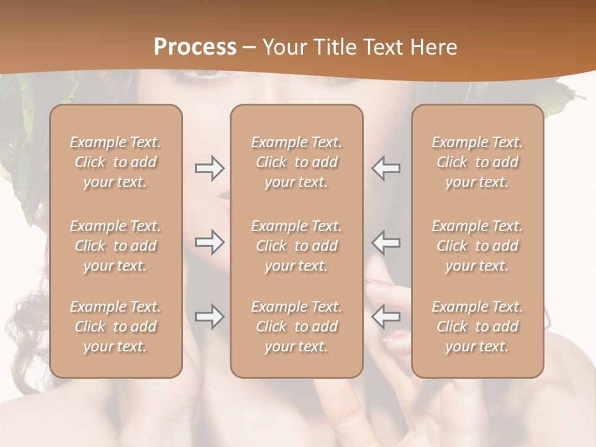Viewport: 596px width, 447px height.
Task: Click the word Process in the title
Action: [x=195, y=47]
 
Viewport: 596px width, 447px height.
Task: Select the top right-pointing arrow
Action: [x=209, y=168]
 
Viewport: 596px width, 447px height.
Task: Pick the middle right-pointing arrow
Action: [x=209, y=242]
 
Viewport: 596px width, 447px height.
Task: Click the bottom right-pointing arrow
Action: [x=209, y=317]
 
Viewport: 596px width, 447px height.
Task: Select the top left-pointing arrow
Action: [x=386, y=168]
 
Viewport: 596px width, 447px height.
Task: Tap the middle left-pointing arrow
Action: [x=386, y=242]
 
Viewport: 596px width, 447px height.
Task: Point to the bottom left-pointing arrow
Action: [x=386, y=317]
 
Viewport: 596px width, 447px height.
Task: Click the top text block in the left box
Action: [x=115, y=162]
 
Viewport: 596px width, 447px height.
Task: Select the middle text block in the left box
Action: [x=115, y=246]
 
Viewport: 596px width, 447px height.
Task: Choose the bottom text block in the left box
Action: [x=115, y=327]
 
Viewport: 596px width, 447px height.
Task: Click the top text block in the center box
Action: [x=297, y=162]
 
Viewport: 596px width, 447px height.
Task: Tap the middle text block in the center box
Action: [x=297, y=246]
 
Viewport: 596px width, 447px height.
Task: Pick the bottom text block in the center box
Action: [x=297, y=327]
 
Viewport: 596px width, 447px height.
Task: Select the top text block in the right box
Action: [x=477, y=162]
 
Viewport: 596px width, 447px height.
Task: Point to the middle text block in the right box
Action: [x=477, y=246]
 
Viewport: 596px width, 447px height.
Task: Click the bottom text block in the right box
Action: [x=477, y=327]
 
